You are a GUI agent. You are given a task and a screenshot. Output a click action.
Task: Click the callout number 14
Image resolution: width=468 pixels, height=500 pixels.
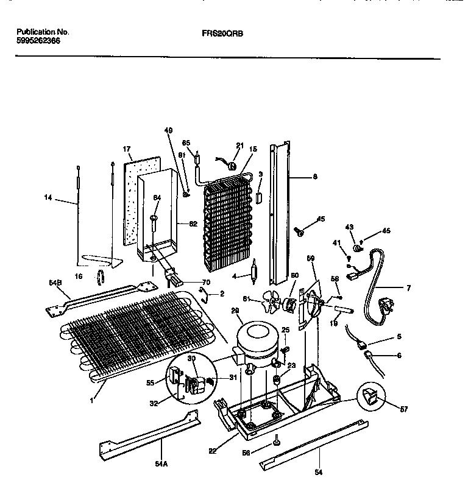pyautogui.click(x=49, y=197)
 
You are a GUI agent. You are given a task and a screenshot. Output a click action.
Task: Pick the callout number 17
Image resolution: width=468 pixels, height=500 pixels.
pyautogui.click(x=127, y=149)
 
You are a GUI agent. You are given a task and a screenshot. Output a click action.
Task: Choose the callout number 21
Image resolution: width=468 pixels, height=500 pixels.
pyautogui.click(x=239, y=146)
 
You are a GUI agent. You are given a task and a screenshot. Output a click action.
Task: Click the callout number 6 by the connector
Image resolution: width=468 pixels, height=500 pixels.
pyautogui.click(x=399, y=355)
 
